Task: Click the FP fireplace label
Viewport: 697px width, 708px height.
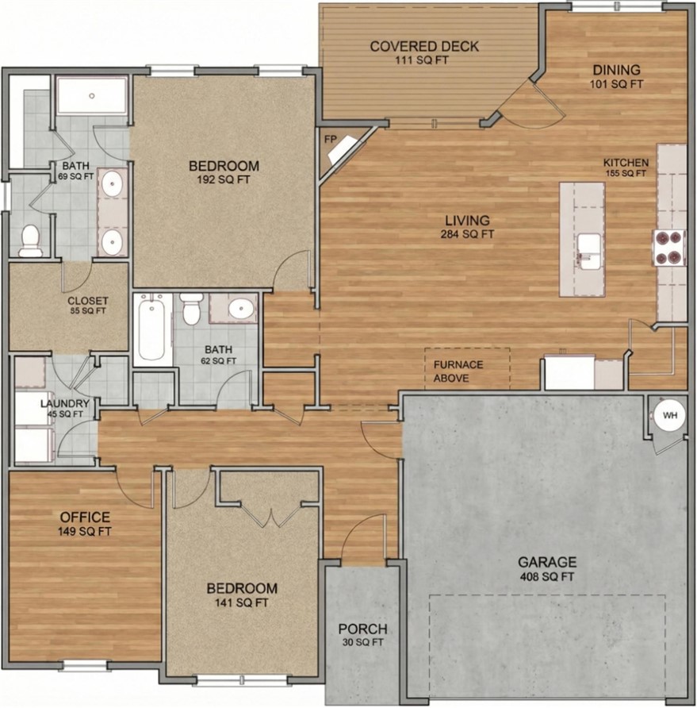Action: pos(330,139)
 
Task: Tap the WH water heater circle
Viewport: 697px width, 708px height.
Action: pos(668,415)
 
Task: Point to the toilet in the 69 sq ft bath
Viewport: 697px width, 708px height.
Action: pos(30,240)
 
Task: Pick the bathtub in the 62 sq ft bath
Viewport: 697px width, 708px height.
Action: pos(151,328)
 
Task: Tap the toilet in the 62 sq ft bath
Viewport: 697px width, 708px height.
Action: pos(191,309)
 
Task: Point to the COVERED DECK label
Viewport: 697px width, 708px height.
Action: pos(424,46)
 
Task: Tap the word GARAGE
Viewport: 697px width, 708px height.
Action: pos(547,562)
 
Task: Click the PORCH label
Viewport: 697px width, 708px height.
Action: pos(362,629)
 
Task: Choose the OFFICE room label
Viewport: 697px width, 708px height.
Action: pos(85,518)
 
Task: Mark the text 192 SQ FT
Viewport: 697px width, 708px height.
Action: pos(224,179)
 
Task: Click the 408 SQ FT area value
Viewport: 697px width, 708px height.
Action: pos(547,576)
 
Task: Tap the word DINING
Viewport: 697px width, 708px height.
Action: pos(615,69)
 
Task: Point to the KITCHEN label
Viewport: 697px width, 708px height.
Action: pos(626,163)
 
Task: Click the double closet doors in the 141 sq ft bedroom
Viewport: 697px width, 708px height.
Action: pos(271,516)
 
